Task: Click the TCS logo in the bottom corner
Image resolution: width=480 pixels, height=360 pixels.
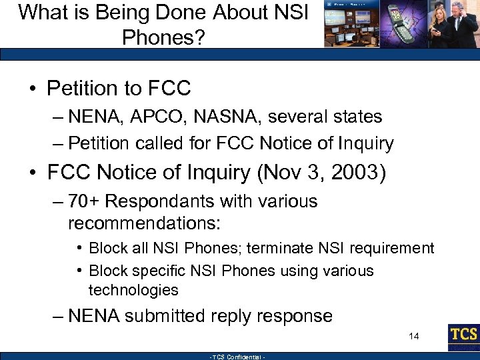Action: point(463,335)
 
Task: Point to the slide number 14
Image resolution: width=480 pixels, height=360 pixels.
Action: point(414,336)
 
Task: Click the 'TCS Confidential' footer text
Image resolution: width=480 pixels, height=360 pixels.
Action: point(238,357)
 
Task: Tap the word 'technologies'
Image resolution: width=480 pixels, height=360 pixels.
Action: point(133,290)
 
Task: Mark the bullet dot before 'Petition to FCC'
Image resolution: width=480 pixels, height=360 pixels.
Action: point(33,89)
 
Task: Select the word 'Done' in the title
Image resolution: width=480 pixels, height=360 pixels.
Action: point(154,12)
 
